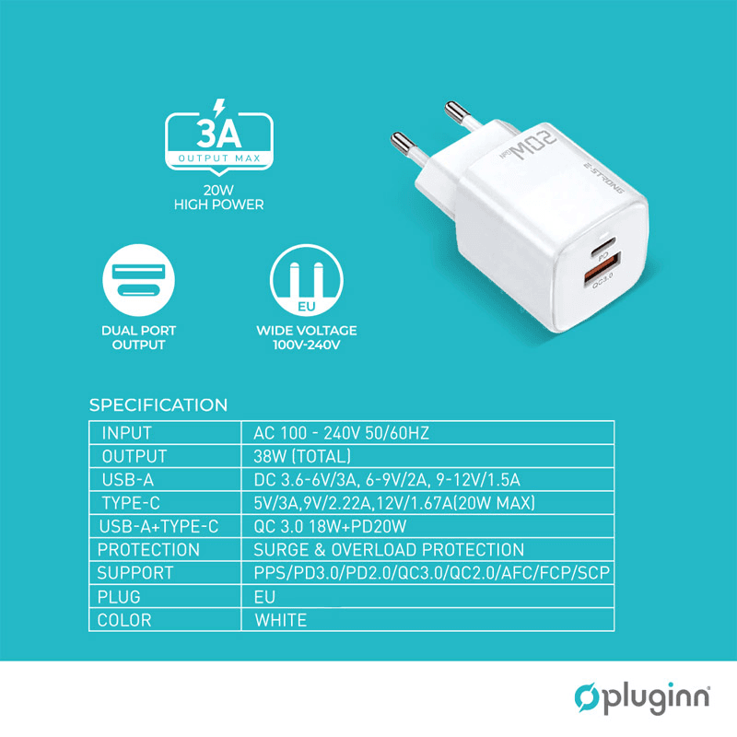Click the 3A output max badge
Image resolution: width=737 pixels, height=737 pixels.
click(x=219, y=140)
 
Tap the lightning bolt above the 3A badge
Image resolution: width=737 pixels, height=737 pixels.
click(x=219, y=103)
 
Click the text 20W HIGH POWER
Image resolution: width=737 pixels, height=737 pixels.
click(x=219, y=198)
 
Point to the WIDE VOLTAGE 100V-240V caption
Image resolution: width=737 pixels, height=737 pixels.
click(x=306, y=337)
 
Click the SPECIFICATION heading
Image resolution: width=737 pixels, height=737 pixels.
click(x=158, y=405)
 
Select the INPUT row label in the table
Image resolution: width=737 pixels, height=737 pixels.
click(x=127, y=433)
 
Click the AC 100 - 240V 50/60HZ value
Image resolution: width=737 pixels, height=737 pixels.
click(x=342, y=433)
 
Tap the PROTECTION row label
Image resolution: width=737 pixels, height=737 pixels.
click(x=148, y=550)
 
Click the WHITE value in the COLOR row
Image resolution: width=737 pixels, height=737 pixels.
click(x=280, y=620)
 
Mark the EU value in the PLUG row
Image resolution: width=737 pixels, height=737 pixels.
click(x=264, y=597)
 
